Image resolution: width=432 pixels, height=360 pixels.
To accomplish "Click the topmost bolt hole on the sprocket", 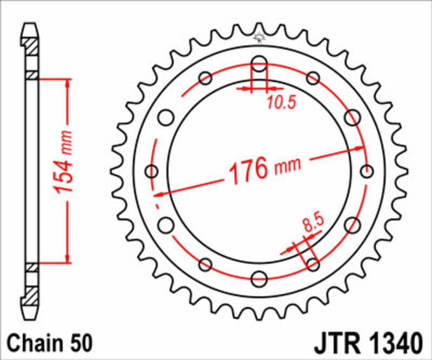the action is click(x=259, y=64).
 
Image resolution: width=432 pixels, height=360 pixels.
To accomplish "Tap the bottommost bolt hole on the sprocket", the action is click(x=259, y=279).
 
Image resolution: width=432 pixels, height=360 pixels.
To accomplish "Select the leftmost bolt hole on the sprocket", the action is click(x=152, y=172).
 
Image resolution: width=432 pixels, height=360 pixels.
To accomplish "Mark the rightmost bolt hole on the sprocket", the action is click(x=367, y=172).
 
